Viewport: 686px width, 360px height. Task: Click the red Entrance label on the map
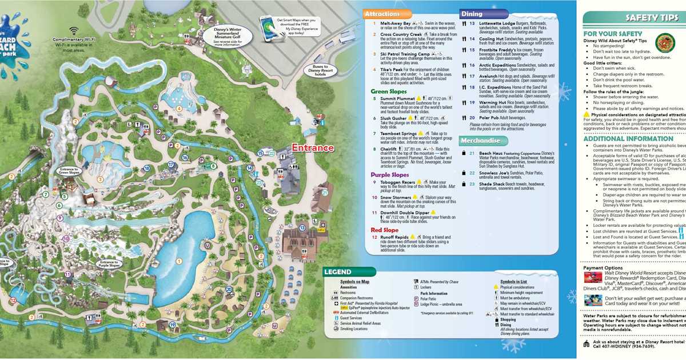click(x=313, y=147)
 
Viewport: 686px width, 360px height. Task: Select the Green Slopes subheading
click(x=389, y=91)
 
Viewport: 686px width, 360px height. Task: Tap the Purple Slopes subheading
click(x=390, y=175)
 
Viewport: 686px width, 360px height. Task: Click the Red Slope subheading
click(x=384, y=230)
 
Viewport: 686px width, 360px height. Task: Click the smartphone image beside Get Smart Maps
click(x=268, y=25)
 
